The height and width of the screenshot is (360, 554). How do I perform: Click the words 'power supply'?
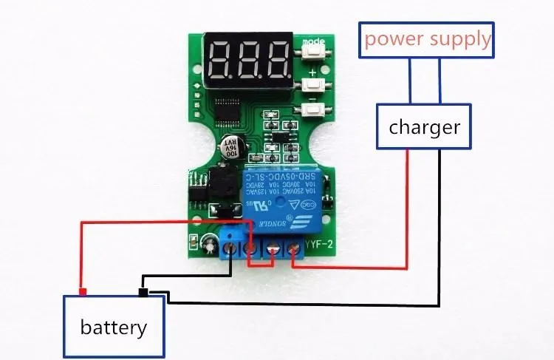click(428, 38)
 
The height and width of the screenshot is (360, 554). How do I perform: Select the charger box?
click(424, 127)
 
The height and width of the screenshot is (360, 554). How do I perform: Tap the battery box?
click(113, 325)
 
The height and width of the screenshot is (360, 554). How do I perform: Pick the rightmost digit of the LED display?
click(278, 60)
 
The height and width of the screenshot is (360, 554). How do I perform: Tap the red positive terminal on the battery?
click(83, 291)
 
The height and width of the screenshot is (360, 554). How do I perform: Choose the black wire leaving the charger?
click(440, 222)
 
